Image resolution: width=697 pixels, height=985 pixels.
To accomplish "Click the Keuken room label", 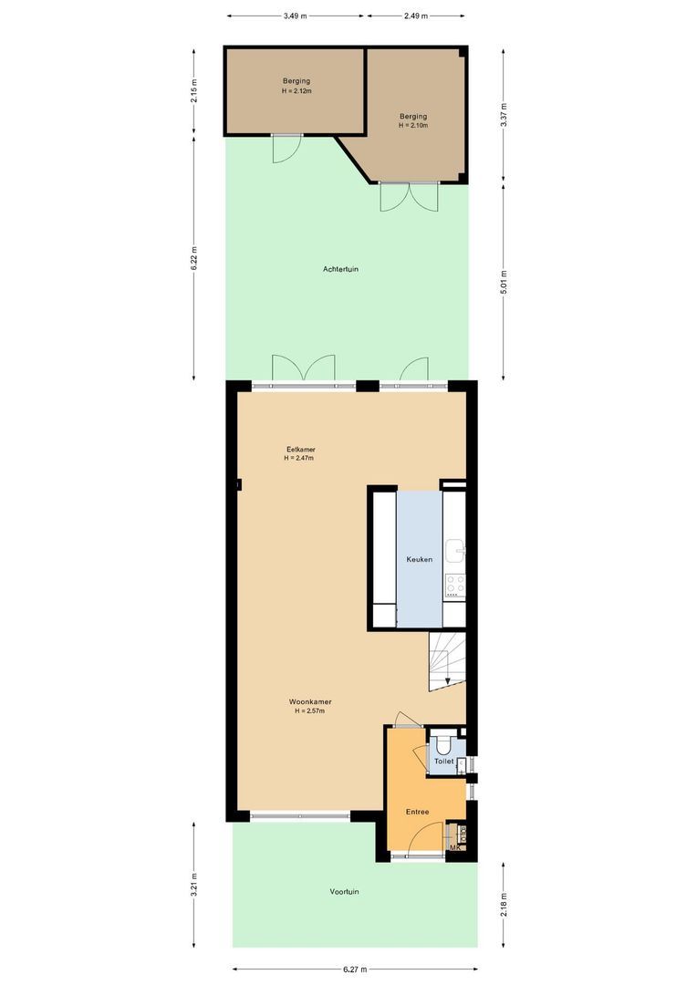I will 419,559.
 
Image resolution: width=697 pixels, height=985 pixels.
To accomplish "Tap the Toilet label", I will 443,761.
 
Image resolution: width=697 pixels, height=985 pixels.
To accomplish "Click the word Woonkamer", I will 309,701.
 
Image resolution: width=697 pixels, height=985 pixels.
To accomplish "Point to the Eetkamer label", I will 301,450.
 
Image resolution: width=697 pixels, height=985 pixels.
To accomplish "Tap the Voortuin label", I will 344,891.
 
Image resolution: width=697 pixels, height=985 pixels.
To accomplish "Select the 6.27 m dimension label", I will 354,969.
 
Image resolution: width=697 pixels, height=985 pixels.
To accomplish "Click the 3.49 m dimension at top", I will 296,16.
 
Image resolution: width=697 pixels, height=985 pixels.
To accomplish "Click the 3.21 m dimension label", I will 193,885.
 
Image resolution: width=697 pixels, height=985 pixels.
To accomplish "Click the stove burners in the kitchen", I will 454,585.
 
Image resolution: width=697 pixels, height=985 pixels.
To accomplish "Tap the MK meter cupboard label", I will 454,848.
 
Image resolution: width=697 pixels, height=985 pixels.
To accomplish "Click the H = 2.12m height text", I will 296,91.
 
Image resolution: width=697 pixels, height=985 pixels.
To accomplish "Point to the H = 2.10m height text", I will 413,125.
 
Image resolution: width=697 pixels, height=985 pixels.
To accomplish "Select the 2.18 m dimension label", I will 504,903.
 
